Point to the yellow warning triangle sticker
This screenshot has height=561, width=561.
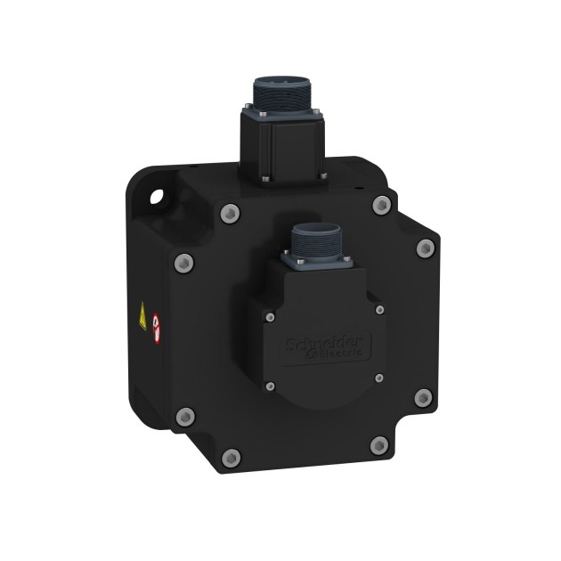pos(142,314)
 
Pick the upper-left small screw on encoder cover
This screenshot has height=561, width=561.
pos(270,313)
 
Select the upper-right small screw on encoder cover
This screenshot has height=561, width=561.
pos(381,309)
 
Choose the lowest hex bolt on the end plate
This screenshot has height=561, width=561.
pos(230,457)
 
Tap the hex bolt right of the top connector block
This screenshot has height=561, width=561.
pos(382,207)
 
